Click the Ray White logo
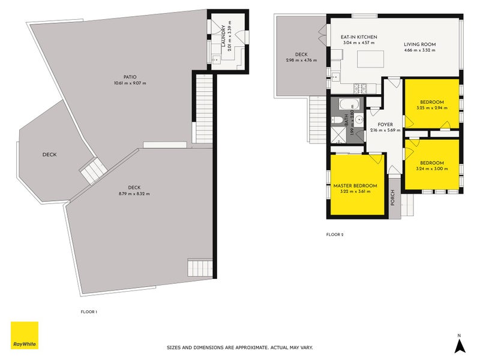(25, 335)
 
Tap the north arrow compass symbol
(460, 343)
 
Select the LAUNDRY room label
(223, 36)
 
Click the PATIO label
(130, 77)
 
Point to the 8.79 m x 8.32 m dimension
(134, 194)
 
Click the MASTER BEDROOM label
(355, 186)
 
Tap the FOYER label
(385, 125)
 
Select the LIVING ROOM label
(419, 44)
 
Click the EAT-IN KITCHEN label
(359, 37)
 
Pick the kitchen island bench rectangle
(370, 59)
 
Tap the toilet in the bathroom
(336, 119)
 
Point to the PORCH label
(393, 197)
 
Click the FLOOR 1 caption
(89, 312)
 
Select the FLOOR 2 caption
(335, 235)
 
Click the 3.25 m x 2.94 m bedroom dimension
(432, 108)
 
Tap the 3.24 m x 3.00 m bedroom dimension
(432, 169)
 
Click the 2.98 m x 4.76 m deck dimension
(302, 61)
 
